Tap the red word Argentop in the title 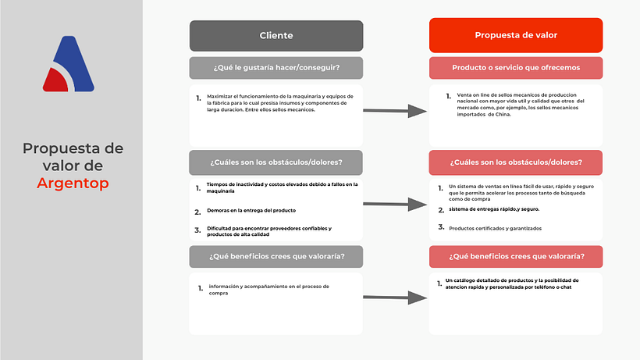(x=73, y=184)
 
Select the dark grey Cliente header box (x=276, y=36)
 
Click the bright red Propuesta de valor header (x=515, y=36)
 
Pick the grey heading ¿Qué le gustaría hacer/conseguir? (x=276, y=68)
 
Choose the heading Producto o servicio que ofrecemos (x=515, y=68)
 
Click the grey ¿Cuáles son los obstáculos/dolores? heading (x=276, y=162)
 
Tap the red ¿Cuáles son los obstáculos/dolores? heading (x=515, y=162)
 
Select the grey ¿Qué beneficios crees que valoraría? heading (x=276, y=257)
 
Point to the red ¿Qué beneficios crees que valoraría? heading (x=515, y=257)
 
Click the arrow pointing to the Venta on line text (x=396, y=112)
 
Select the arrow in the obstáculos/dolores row (x=396, y=205)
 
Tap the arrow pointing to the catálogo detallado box (x=396, y=298)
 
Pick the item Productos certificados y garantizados (x=495, y=228)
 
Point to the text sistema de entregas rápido (x=494, y=209)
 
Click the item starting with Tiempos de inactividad (x=276, y=187)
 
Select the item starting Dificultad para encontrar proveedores (x=268, y=231)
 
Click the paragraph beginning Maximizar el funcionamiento (x=279, y=102)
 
